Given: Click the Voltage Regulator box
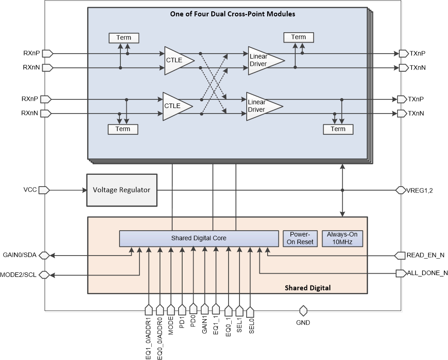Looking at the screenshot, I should [x=121, y=190].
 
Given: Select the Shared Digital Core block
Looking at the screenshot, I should [x=199, y=238].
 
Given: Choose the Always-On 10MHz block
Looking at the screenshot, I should [x=343, y=238].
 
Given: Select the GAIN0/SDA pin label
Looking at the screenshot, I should [x=20, y=256].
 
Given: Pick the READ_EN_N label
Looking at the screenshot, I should [x=425, y=256].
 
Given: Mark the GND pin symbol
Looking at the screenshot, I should [x=303, y=311].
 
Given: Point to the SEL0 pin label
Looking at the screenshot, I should [x=252, y=327].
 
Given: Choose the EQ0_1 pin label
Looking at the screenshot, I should [x=228, y=327].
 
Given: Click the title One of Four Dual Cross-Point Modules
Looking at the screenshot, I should [x=232, y=14].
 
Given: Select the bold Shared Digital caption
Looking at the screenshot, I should [x=308, y=288].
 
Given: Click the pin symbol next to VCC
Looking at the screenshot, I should [x=44, y=190].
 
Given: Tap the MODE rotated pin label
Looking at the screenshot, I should [x=171, y=326].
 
